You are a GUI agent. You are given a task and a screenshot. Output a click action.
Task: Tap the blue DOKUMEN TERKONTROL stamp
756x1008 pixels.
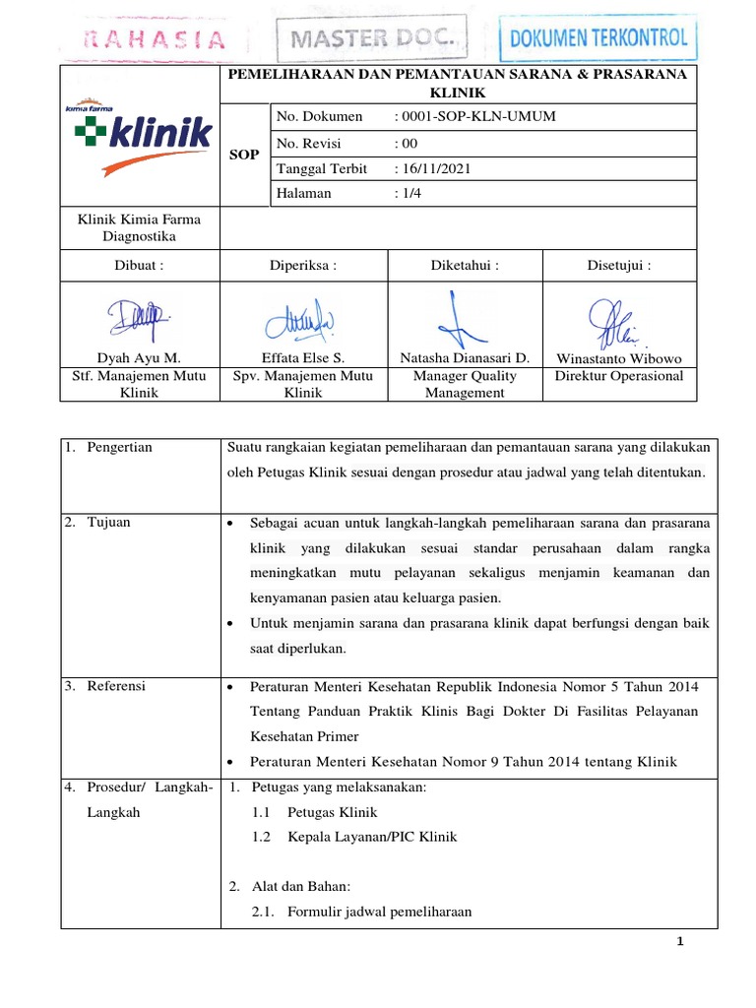click(600, 40)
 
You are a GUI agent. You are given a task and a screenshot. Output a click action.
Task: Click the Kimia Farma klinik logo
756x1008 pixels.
click(141, 136)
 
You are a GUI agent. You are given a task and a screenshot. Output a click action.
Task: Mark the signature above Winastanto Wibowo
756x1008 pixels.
click(617, 318)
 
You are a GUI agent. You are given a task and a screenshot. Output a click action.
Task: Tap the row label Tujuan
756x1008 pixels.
click(108, 522)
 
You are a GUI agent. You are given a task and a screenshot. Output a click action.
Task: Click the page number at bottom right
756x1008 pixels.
click(679, 942)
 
